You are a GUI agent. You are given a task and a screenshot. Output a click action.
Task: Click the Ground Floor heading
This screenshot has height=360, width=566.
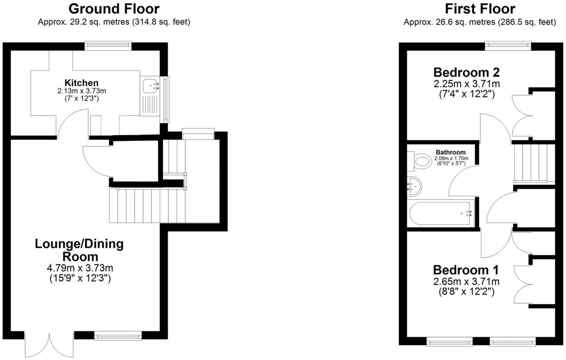coord(114,8)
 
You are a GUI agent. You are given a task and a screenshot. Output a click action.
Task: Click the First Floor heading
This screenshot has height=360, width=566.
coord(479,8)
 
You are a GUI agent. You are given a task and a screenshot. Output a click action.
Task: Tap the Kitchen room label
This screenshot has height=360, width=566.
coord(81,83)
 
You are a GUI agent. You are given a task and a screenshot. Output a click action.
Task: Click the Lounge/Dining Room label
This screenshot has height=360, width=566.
coord(80,250)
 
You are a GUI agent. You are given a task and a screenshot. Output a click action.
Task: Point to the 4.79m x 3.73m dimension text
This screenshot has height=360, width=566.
coord(80,268)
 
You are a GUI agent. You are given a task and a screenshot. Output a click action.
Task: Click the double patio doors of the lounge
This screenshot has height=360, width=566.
coord(49,345)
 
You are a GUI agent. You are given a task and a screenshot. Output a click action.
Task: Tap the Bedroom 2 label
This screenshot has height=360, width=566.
coord(466,72)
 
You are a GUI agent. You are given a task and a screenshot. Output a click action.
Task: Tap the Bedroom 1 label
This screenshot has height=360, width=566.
coord(466,270)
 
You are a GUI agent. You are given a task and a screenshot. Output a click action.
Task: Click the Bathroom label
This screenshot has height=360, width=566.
coord(451,152)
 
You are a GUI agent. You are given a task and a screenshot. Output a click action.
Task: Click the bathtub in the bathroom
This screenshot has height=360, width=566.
coord(441,213)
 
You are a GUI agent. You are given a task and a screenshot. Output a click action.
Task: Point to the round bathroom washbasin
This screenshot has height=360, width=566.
coord(415,186)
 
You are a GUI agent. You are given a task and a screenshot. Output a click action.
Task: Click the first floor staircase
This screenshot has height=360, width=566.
coord(533,163)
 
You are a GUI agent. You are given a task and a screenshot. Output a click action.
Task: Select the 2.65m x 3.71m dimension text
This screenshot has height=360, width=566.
coord(466,281)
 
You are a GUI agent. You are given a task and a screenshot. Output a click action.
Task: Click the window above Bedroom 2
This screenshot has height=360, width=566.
coord(508,45)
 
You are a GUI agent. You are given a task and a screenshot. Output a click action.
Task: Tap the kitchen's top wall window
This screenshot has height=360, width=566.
coord(108,45)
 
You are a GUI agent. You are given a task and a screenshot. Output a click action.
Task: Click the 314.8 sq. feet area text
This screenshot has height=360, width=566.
coord(161,22)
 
